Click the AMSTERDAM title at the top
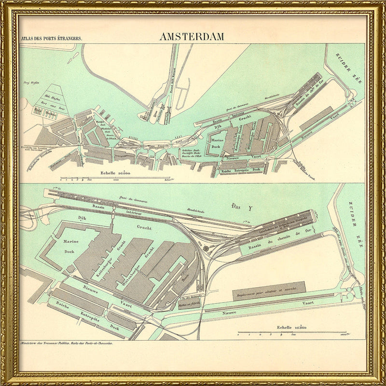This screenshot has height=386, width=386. (x=193, y=37)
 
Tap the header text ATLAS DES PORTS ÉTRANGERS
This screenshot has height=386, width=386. (x=49, y=38)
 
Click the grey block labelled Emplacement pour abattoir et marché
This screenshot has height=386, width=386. (x=269, y=290)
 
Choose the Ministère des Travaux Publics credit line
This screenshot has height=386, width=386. (x=66, y=344)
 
